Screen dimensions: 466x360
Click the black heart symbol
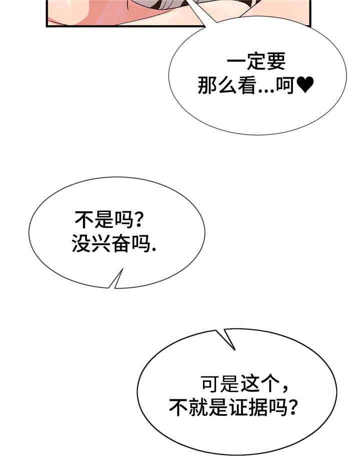click(x=304, y=86)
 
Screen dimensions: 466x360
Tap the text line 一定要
click(x=256, y=64)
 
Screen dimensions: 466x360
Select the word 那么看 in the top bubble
click(x=227, y=87)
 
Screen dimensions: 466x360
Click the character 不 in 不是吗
click(x=82, y=220)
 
